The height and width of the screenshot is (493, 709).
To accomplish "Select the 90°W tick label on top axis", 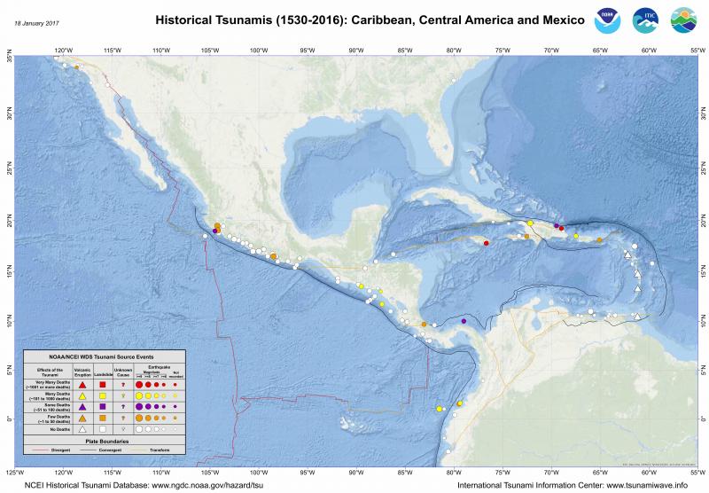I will pyautogui.click(x=356, y=50).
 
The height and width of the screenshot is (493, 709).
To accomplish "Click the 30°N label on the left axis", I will pyautogui.click(x=9, y=113).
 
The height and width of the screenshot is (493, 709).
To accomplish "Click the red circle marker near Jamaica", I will pyautogui.click(x=487, y=243).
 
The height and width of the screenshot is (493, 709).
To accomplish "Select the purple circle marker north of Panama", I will pyautogui.click(x=464, y=321).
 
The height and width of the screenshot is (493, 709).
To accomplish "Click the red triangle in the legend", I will pyautogui.click(x=82, y=385).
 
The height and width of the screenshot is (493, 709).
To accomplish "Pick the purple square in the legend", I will pyautogui.click(x=103, y=406).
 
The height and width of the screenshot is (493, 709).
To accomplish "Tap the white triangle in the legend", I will pyautogui.click(x=82, y=428).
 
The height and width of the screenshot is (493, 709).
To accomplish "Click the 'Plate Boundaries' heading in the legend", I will pyautogui.click(x=105, y=441).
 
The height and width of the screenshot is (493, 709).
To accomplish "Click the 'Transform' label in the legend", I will pyautogui.click(x=157, y=449).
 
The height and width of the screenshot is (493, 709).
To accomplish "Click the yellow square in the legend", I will pyautogui.click(x=103, y=395).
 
